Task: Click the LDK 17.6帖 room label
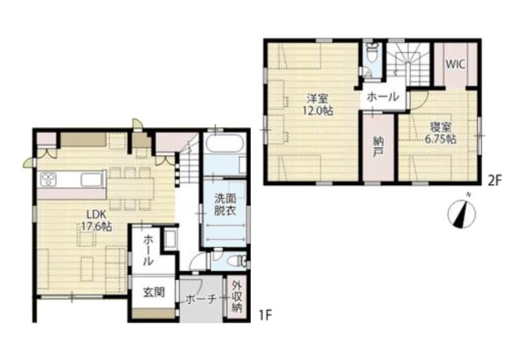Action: coord(96,221)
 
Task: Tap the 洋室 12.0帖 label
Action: coord(317,105)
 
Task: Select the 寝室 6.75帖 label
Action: coord(440,133)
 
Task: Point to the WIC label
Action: coord(455,64)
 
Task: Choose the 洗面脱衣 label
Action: coord(225,205)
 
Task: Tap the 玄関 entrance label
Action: coord(154,292)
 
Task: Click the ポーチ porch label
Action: coord(201,299)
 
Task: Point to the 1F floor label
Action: coord(264,316)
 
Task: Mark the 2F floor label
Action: coord(494,181)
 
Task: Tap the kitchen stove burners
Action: coord(48,179)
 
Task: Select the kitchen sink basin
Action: coord(92,179)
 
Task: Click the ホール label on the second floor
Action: coord(382,97)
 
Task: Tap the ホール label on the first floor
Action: coord(148,250)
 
